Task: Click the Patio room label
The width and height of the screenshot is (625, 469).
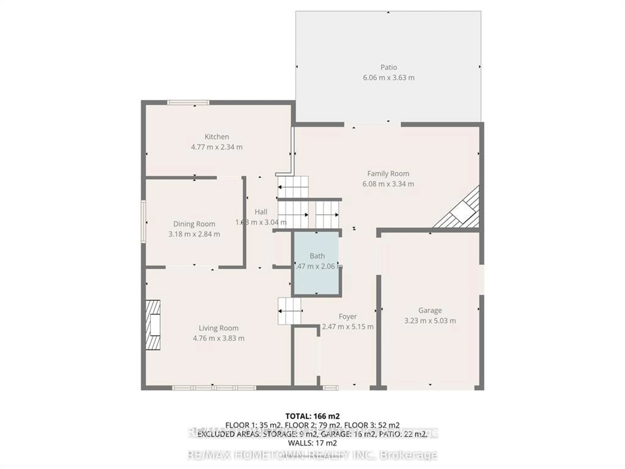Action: click(389, 67)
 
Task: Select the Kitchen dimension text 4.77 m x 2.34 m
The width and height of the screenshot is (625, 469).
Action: click(217, 147)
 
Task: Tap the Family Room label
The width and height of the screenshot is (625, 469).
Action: click(388, 174)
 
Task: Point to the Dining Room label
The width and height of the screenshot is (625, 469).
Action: click(194, 224)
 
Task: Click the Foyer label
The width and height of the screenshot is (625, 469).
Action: click(347, 316)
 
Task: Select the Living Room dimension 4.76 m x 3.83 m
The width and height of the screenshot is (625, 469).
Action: click(218, 338)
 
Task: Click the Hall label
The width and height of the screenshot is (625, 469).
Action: click(261, 212)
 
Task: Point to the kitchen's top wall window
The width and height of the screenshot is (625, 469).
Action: click(188, 102)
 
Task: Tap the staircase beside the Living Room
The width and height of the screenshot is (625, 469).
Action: click(290, 311)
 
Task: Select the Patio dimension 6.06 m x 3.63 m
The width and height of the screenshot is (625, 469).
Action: click(389, 78)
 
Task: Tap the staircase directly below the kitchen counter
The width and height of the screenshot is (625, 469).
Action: click(293, 187)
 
